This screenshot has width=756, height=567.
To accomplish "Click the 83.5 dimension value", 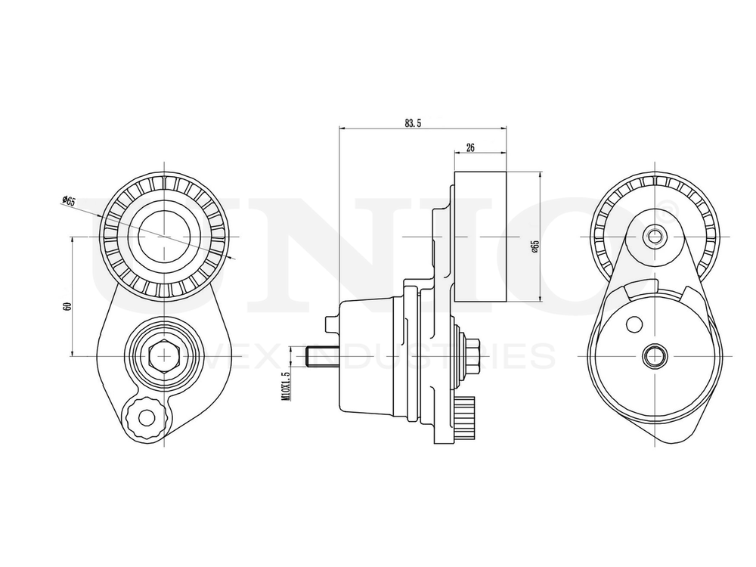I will coord(412,123).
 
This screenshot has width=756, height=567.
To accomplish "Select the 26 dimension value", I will coord(469,148).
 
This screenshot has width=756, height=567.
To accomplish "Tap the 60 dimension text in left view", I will coord(67,306).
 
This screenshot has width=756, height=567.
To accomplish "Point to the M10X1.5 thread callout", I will coord(286,386).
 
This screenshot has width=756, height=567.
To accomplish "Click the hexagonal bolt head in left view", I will coord(163,355).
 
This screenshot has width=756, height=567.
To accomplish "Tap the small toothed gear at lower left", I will coord(145,417).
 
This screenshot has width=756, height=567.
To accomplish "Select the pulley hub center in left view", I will coord(163,236).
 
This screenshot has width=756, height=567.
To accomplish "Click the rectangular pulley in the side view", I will coord(481,237).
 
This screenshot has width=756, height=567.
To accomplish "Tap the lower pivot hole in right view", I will coord(655,355).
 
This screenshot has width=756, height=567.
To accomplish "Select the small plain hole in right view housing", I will coord(634,324).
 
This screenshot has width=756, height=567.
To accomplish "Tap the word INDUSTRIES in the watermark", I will coord(454,355).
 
